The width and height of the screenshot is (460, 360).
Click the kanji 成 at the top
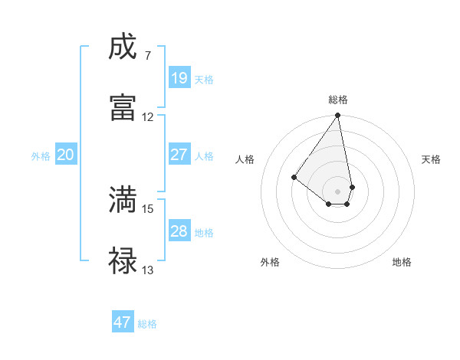[x=123, y=47]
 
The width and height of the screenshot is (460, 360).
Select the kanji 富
[x=123, y=106]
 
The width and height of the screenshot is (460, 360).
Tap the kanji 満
[x=123, y=200]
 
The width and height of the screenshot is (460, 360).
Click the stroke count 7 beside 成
[x=148, y=56]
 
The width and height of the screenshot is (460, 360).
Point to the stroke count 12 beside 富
[x=148, y=117]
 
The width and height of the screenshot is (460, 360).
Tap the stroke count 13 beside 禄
[x=148, y=270]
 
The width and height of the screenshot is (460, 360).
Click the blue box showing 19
[x=179, y=78]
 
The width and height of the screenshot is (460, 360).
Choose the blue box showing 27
[x=179, y=155]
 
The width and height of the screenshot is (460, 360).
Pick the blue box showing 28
[x=179, y=231]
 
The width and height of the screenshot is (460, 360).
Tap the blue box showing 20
[x=66, y=155]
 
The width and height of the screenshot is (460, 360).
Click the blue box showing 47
[x=123, y=322]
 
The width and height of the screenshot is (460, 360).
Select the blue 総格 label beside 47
[x=148, y=324]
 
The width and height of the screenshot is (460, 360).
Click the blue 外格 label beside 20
[x=41, y=156]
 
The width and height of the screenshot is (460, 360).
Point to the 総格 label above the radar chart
[x=338, y=100]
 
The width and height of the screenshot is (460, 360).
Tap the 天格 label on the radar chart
[x=431, y=159]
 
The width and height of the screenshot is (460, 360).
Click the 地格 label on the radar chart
[x=402, y=262]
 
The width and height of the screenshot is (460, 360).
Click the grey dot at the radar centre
[x=338, y=191]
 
